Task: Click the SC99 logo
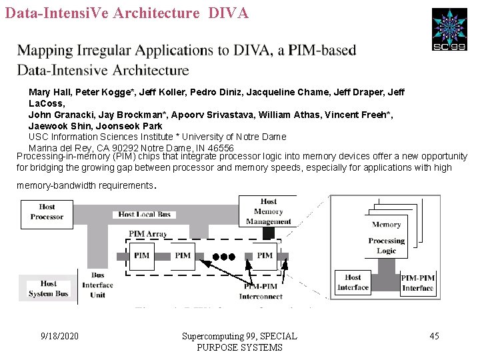tap(449, 29)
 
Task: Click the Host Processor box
tap(47, 212)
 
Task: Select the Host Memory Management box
tap(269, 211)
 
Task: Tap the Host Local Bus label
tap(145, 214)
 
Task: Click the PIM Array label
tap(148, 234)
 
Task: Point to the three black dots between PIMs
tap(224, 256)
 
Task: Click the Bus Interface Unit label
tap(98, 285)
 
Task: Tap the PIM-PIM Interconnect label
tap(261, 291)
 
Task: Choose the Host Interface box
tap(353, 282)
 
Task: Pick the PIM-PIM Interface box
tap(418, 283)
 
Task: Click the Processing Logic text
tap(387, 246)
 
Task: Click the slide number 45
tap(434, 336)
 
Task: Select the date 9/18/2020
tap(59, 336)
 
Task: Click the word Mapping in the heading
tap(45, 51)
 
